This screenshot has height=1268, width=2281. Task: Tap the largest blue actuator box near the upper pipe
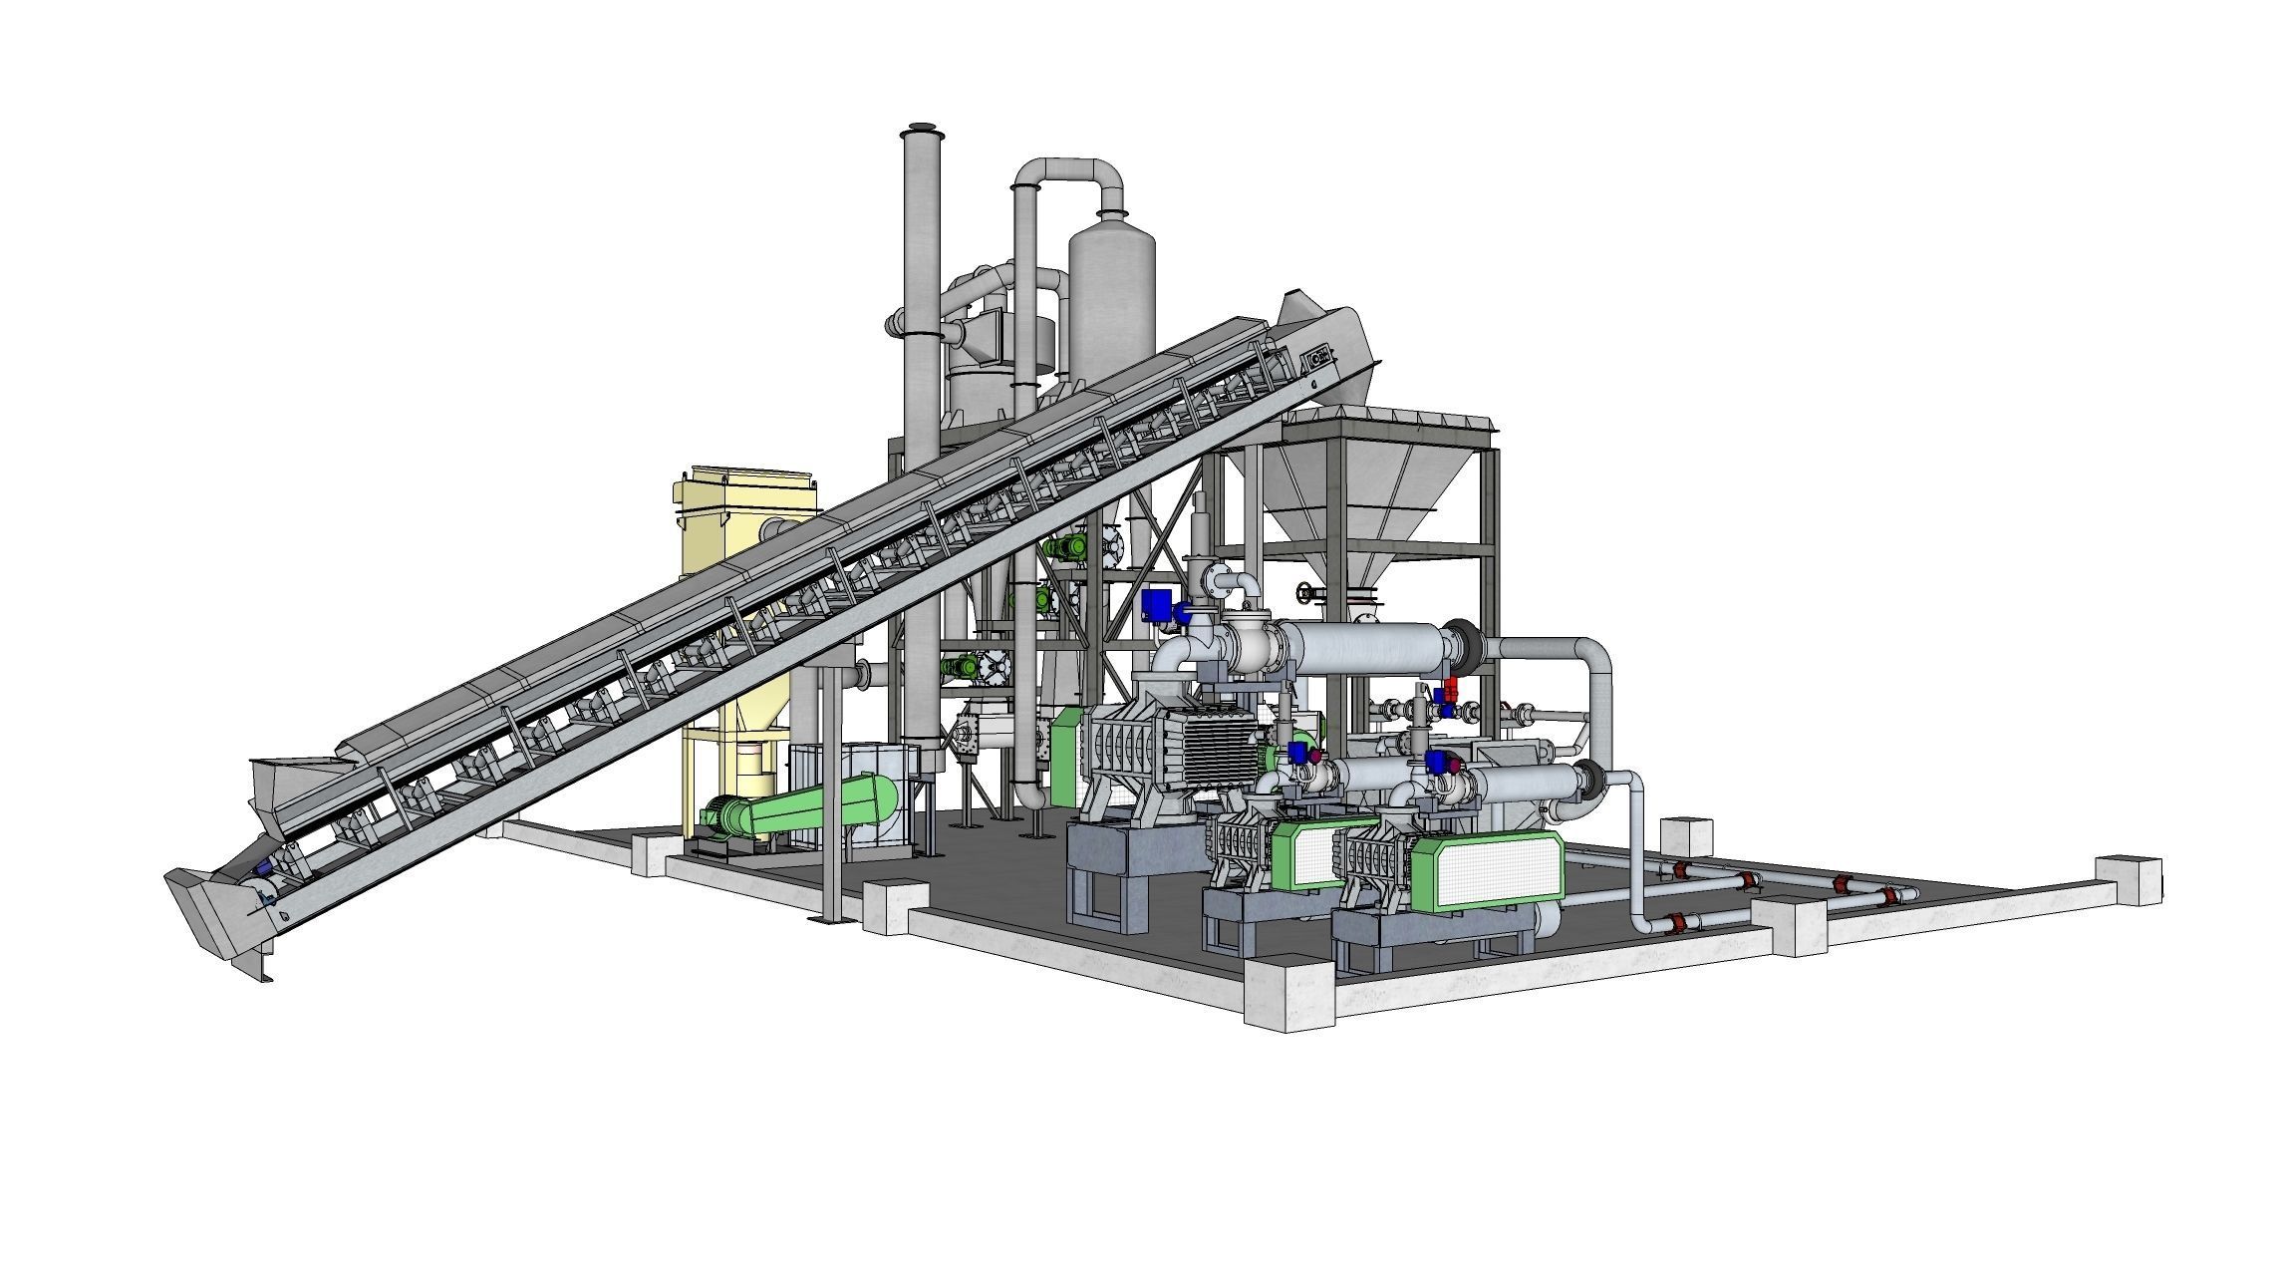1156,605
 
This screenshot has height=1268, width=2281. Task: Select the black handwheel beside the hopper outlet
1305,594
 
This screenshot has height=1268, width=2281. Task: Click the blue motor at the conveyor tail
264,867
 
